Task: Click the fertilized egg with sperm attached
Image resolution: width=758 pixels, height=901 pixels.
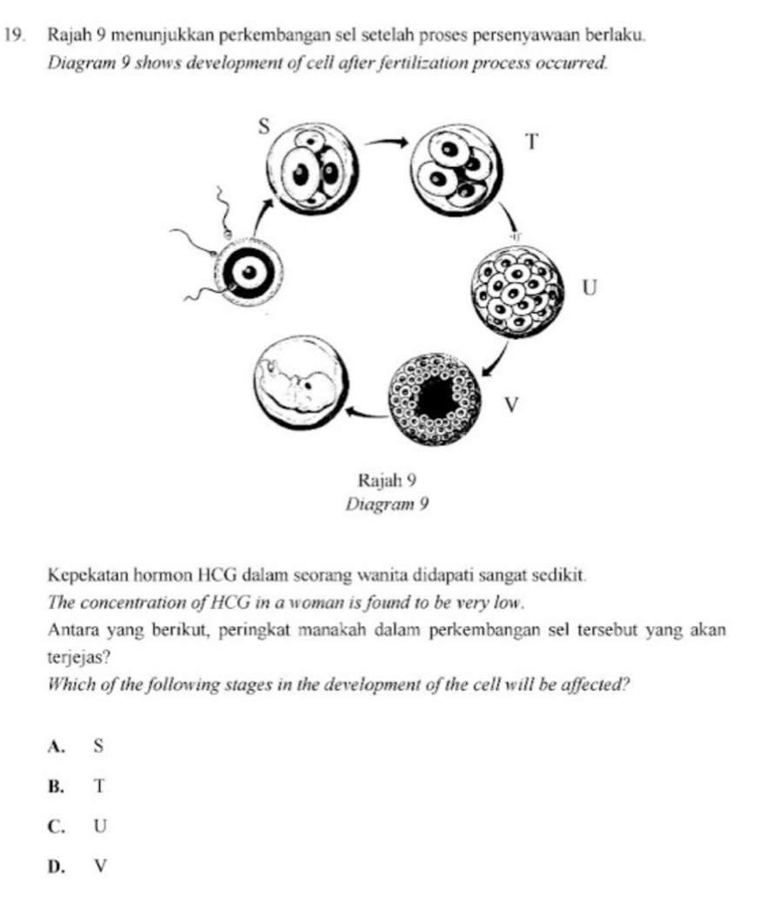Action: pos(249,271)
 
